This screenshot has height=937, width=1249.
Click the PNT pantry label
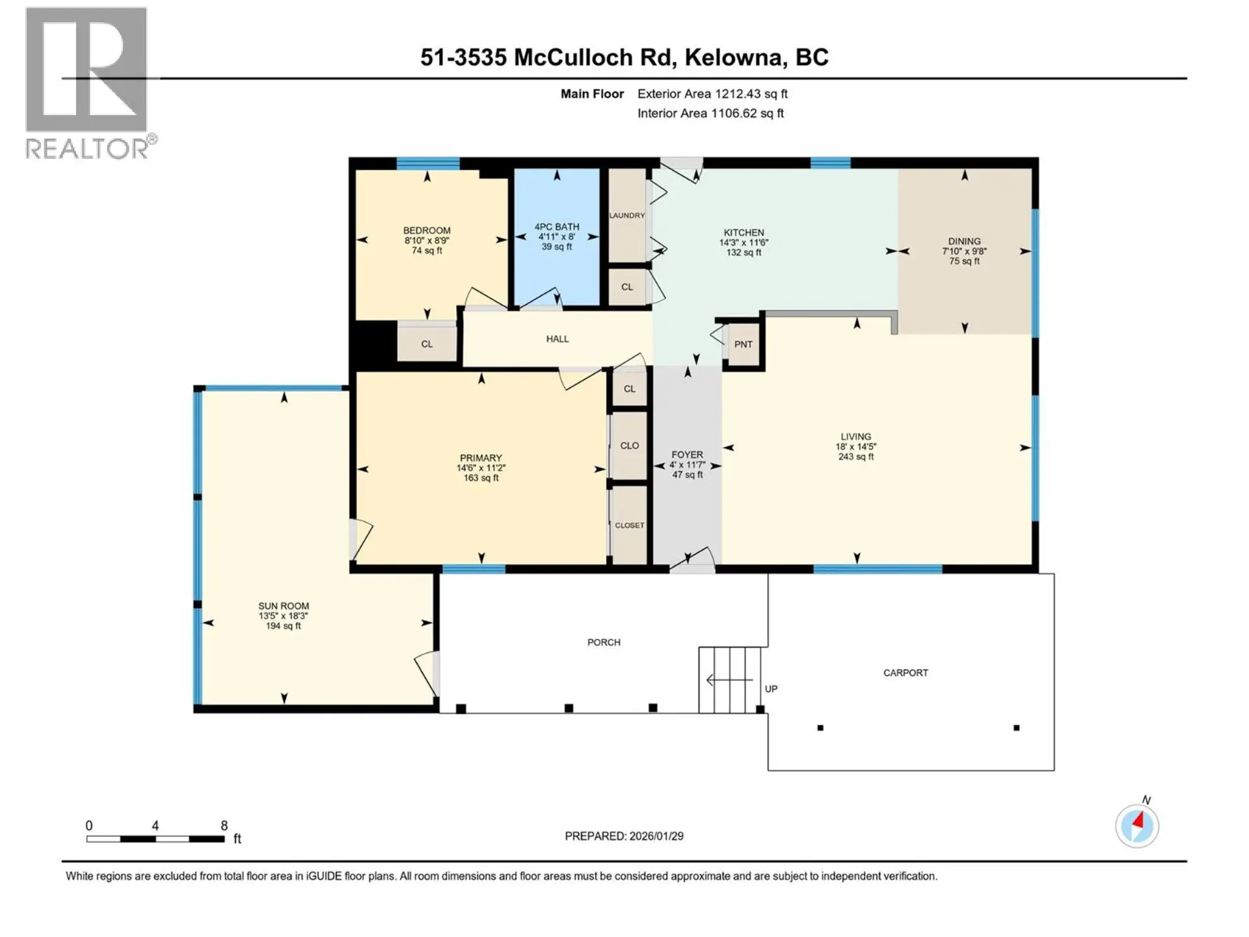tap(743, 344)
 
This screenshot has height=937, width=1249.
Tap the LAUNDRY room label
tap(626, 215)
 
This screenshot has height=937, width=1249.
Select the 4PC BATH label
tap(557, 227)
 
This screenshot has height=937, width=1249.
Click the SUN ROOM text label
tap(284, 606)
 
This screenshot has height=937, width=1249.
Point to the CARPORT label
tap(906, 673)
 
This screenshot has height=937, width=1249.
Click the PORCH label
tap(604, 642)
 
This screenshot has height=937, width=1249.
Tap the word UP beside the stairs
tap(771, 688)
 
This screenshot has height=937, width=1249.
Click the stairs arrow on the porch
tap(729, 681)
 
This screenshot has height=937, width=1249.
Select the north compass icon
tap(1137, 826)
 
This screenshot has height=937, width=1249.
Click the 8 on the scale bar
tap(224, 826)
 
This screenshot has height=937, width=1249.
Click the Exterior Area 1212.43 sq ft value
tap(751, 94)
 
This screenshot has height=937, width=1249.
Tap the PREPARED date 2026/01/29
tap(656, 836)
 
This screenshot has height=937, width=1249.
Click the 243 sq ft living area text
tap(855, 457)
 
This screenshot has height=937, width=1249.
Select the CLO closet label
tap(629, 446)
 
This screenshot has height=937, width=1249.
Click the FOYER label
tap(687, 455)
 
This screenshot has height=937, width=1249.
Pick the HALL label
tap(557, 339)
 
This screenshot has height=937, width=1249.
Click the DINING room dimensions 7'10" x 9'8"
tap(964, 251)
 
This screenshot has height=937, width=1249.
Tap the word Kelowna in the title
tap(733, 57)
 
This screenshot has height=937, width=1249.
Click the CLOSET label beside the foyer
tap(629, 525)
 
